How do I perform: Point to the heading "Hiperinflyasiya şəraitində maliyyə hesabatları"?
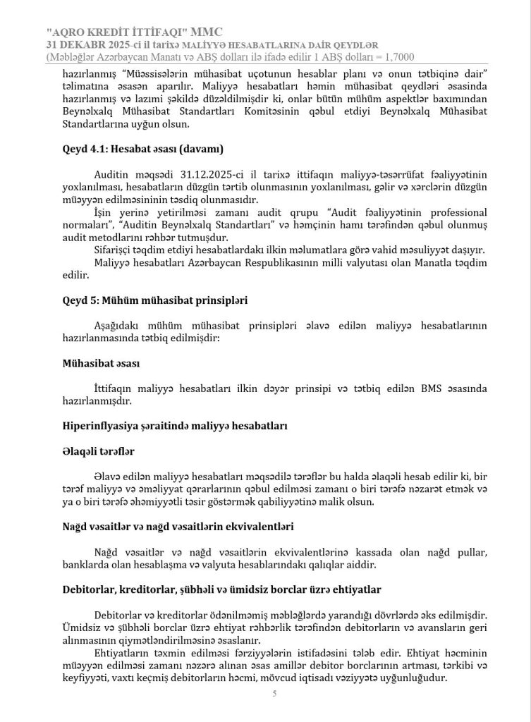(175, 426)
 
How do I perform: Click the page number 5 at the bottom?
(274, 695)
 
